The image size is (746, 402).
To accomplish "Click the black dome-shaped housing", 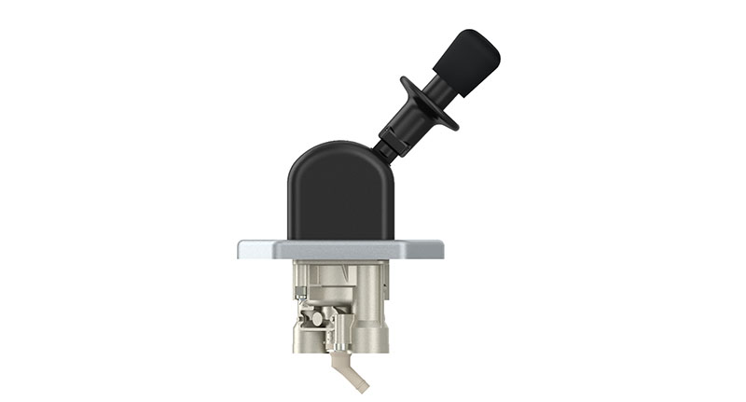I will click(339, 196).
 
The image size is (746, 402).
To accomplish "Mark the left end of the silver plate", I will click(242, 250).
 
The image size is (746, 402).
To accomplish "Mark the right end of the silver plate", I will click(438, 250).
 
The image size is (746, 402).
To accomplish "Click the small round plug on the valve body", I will click(316, 319).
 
